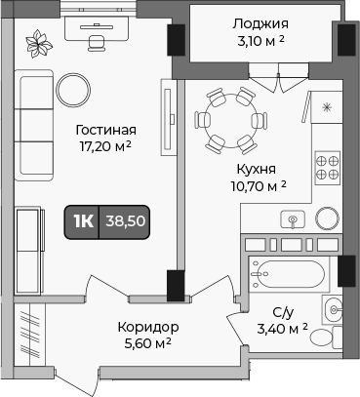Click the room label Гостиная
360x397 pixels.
(x=105, y=130)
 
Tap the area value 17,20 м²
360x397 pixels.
(x=105, y=147)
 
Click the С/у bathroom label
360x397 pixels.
(x=282, y=312)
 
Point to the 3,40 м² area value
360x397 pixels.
(x=282, y=329)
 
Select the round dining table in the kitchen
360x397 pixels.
(x=231, y=120)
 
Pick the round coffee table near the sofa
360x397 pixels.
(x=74, y=91)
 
